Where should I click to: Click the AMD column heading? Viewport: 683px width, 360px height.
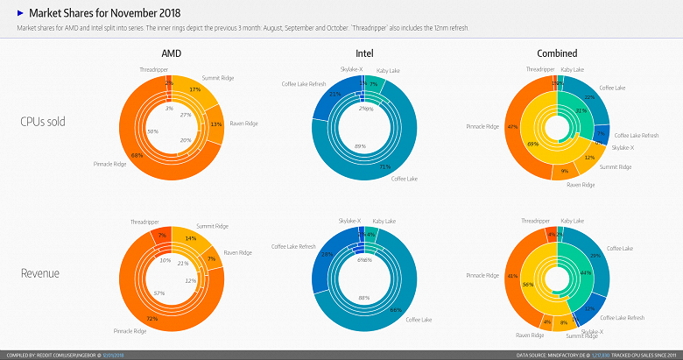tap(172, 53)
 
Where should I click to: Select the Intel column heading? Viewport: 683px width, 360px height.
tap(364, 53)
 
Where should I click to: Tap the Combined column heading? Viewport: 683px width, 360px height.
tap(558, 53)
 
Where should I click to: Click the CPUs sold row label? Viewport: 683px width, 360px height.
tap(43, 122)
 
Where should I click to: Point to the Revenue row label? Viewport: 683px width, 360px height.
tap(41, 273)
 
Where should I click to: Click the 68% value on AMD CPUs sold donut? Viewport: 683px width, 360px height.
tap(137, 155)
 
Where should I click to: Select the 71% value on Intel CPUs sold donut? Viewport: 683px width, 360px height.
tap(384, 166)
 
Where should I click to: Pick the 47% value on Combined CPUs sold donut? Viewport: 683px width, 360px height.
tap(513, 126)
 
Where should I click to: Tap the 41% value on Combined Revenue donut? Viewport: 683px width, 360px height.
tap(512, 276)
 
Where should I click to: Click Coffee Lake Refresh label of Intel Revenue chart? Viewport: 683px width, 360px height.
tap(294, 247)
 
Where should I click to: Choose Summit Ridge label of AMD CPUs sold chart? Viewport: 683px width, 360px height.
tap(218, 78)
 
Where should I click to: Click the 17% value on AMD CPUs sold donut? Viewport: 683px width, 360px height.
tap(195, 89)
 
